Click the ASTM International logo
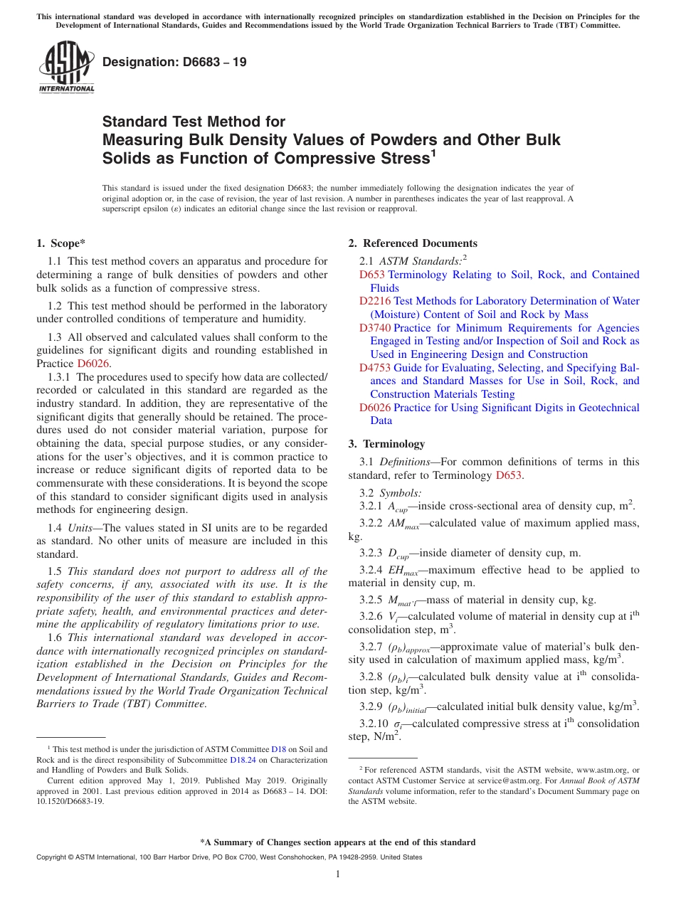66,66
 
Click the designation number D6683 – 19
175,62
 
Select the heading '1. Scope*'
60,243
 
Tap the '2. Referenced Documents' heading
413,243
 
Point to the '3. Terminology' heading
386,444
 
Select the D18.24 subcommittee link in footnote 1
243,760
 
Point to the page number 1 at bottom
338,874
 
